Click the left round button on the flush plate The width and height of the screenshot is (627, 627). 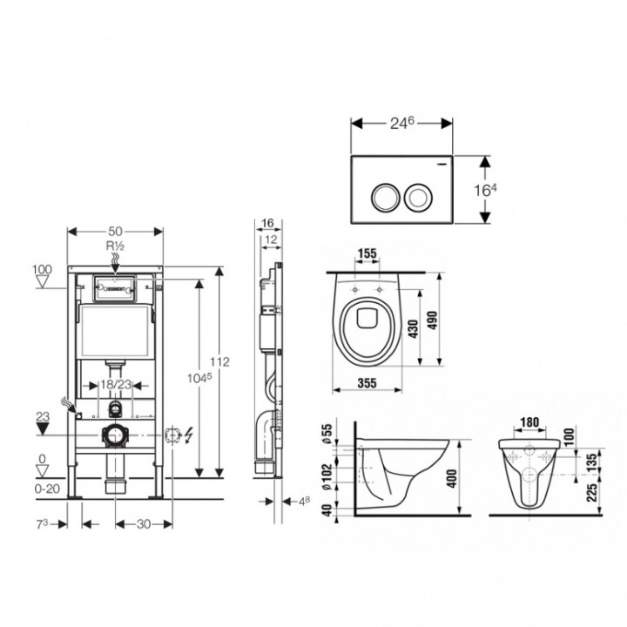point(386,198)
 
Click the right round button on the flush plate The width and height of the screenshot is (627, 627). point(418,198)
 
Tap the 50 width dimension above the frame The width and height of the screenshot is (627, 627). point(115,231)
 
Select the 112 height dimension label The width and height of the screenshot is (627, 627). point(220,362)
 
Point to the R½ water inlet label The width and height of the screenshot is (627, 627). point(115,246)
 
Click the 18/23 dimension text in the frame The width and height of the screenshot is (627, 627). point(116,385)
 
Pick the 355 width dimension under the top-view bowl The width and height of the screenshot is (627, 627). point(367,383)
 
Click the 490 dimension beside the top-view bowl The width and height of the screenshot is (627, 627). point(432,320)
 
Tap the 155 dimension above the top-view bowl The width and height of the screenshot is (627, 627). point(367,253)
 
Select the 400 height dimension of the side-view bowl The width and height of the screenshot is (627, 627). point(451,478)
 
